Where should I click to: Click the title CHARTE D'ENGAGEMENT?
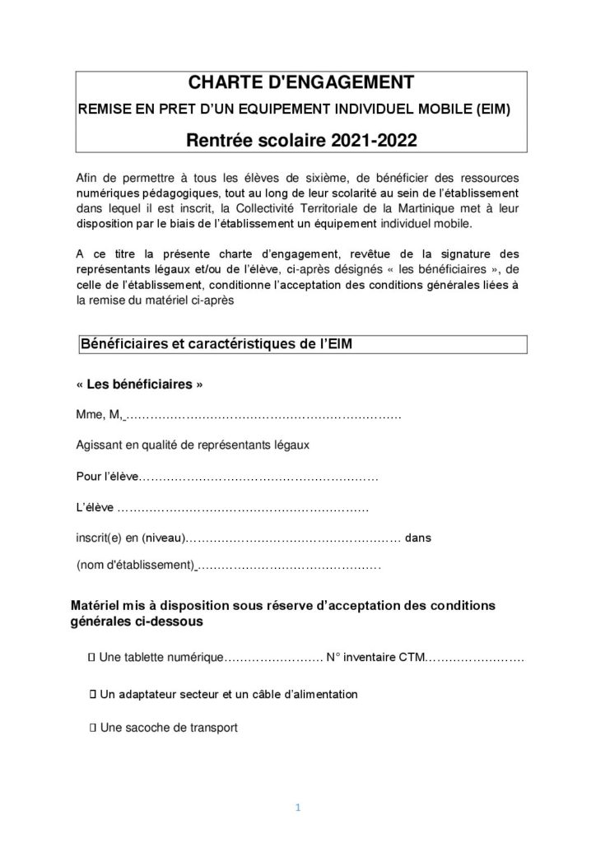pyautogui.click(x=297, y=84)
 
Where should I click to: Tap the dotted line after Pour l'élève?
pyautogui.click(x=260, y=477)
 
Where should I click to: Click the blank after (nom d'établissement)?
pyautogui.click(x=289, y=566)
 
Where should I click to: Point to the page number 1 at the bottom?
pyautogui.click(x=299, y=808)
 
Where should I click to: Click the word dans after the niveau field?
pyautogui.click(x=419, y=538)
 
